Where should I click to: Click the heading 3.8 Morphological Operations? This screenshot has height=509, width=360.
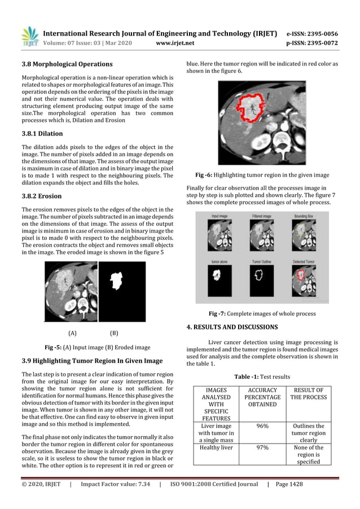point(67,64)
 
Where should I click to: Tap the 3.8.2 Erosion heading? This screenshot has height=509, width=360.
point(41,196)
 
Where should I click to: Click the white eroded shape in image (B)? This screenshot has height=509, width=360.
point(119,283)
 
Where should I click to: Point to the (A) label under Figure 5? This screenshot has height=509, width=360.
point(72,333)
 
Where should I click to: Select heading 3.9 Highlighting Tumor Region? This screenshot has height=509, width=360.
point(91,361)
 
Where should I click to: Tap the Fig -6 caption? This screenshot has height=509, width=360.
point(262,175)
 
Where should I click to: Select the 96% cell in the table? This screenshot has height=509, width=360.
point(261,426)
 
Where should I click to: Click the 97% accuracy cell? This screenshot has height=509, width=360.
point(261,447)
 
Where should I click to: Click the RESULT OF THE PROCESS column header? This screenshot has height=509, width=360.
point(309,393)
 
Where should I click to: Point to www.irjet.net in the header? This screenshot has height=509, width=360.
point(178,42)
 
